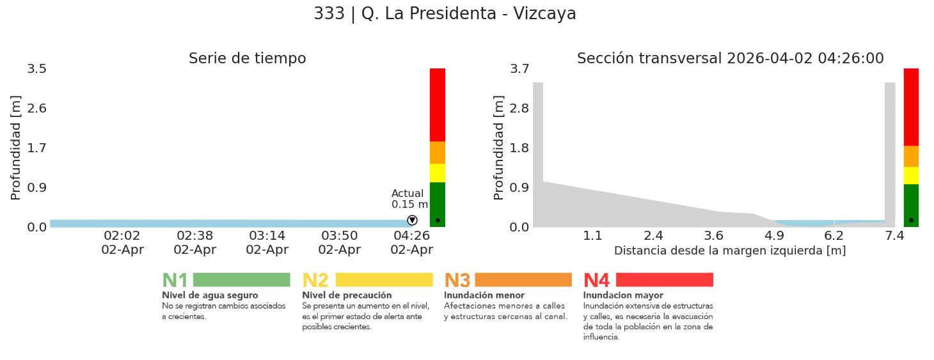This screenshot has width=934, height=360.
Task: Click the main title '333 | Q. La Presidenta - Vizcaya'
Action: (x=445, y=14)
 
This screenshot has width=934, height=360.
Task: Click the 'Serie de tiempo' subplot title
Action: (x=247, y=59)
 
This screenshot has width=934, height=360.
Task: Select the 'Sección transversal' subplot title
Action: (x=730, y=59)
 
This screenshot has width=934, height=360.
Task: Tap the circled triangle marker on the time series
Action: (x=412, y=221)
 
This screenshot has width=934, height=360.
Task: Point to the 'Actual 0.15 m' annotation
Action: (x=409, y=199)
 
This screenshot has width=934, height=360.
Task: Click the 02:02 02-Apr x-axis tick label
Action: (x=122, y=242)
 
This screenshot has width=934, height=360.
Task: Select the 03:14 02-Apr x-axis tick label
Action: (x=267, y=242)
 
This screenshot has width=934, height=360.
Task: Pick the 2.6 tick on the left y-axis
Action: (x=37, y=108)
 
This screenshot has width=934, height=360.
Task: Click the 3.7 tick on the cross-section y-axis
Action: (x=519, y=68)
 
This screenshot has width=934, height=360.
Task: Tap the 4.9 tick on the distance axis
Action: (x=774, y=236)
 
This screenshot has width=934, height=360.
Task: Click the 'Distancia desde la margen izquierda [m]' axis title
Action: (x=730, y=251)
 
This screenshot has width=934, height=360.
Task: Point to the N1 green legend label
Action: (x=175, y=281)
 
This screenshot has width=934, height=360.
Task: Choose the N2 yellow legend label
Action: (x=315, y=281)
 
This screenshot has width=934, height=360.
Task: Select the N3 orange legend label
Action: (x=457, y=281)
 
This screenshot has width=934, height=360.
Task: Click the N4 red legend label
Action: (x=596, y=281)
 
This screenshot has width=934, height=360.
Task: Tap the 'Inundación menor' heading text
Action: (x=484, y=295)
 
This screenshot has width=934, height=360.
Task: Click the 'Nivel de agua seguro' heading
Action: (x=210, y=295)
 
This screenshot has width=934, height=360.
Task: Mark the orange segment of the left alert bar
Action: (x=438, y=153)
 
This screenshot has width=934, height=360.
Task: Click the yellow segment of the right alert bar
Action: (x=911, y=175)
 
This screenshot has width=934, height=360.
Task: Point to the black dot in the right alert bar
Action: (x=911, y=221)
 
